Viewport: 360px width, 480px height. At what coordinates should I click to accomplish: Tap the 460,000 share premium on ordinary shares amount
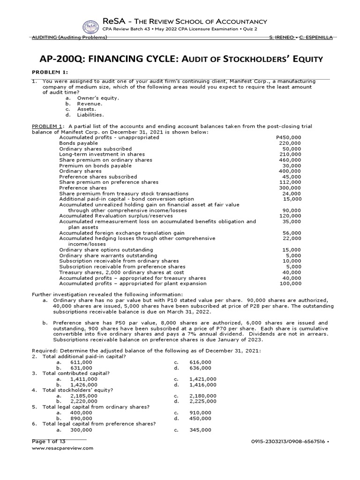pyautogui.click(x=290, y=160)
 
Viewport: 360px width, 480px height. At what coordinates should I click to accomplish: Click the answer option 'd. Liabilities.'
pyautogui.click(x=85, y=114)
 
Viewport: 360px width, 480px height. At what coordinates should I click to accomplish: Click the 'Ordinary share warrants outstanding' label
pyautogui.click(x=106, y=255)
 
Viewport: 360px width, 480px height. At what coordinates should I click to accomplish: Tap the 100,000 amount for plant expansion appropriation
pyautogui.click(x=290, y=283)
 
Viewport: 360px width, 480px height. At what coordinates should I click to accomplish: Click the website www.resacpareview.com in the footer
pyautogui.click(x=62, y=448)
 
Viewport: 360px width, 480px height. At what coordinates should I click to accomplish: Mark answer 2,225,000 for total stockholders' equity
pyautogui.click(x=203, y=401)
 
